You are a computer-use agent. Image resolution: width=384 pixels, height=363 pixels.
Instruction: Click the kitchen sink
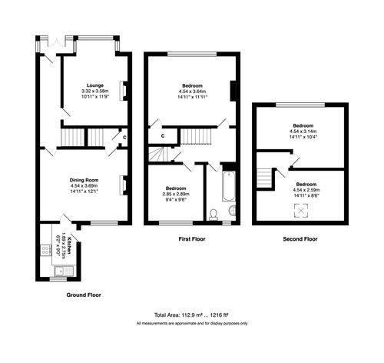pos(68,269)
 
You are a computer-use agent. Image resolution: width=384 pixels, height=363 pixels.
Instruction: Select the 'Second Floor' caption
pos(300,240)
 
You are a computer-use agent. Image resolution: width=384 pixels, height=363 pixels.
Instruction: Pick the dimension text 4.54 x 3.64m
pos(192,92)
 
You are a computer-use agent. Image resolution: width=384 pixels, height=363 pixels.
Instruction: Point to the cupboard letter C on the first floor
pos(163,136)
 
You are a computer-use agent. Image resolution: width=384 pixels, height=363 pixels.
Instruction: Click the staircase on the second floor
pos(265,179)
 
